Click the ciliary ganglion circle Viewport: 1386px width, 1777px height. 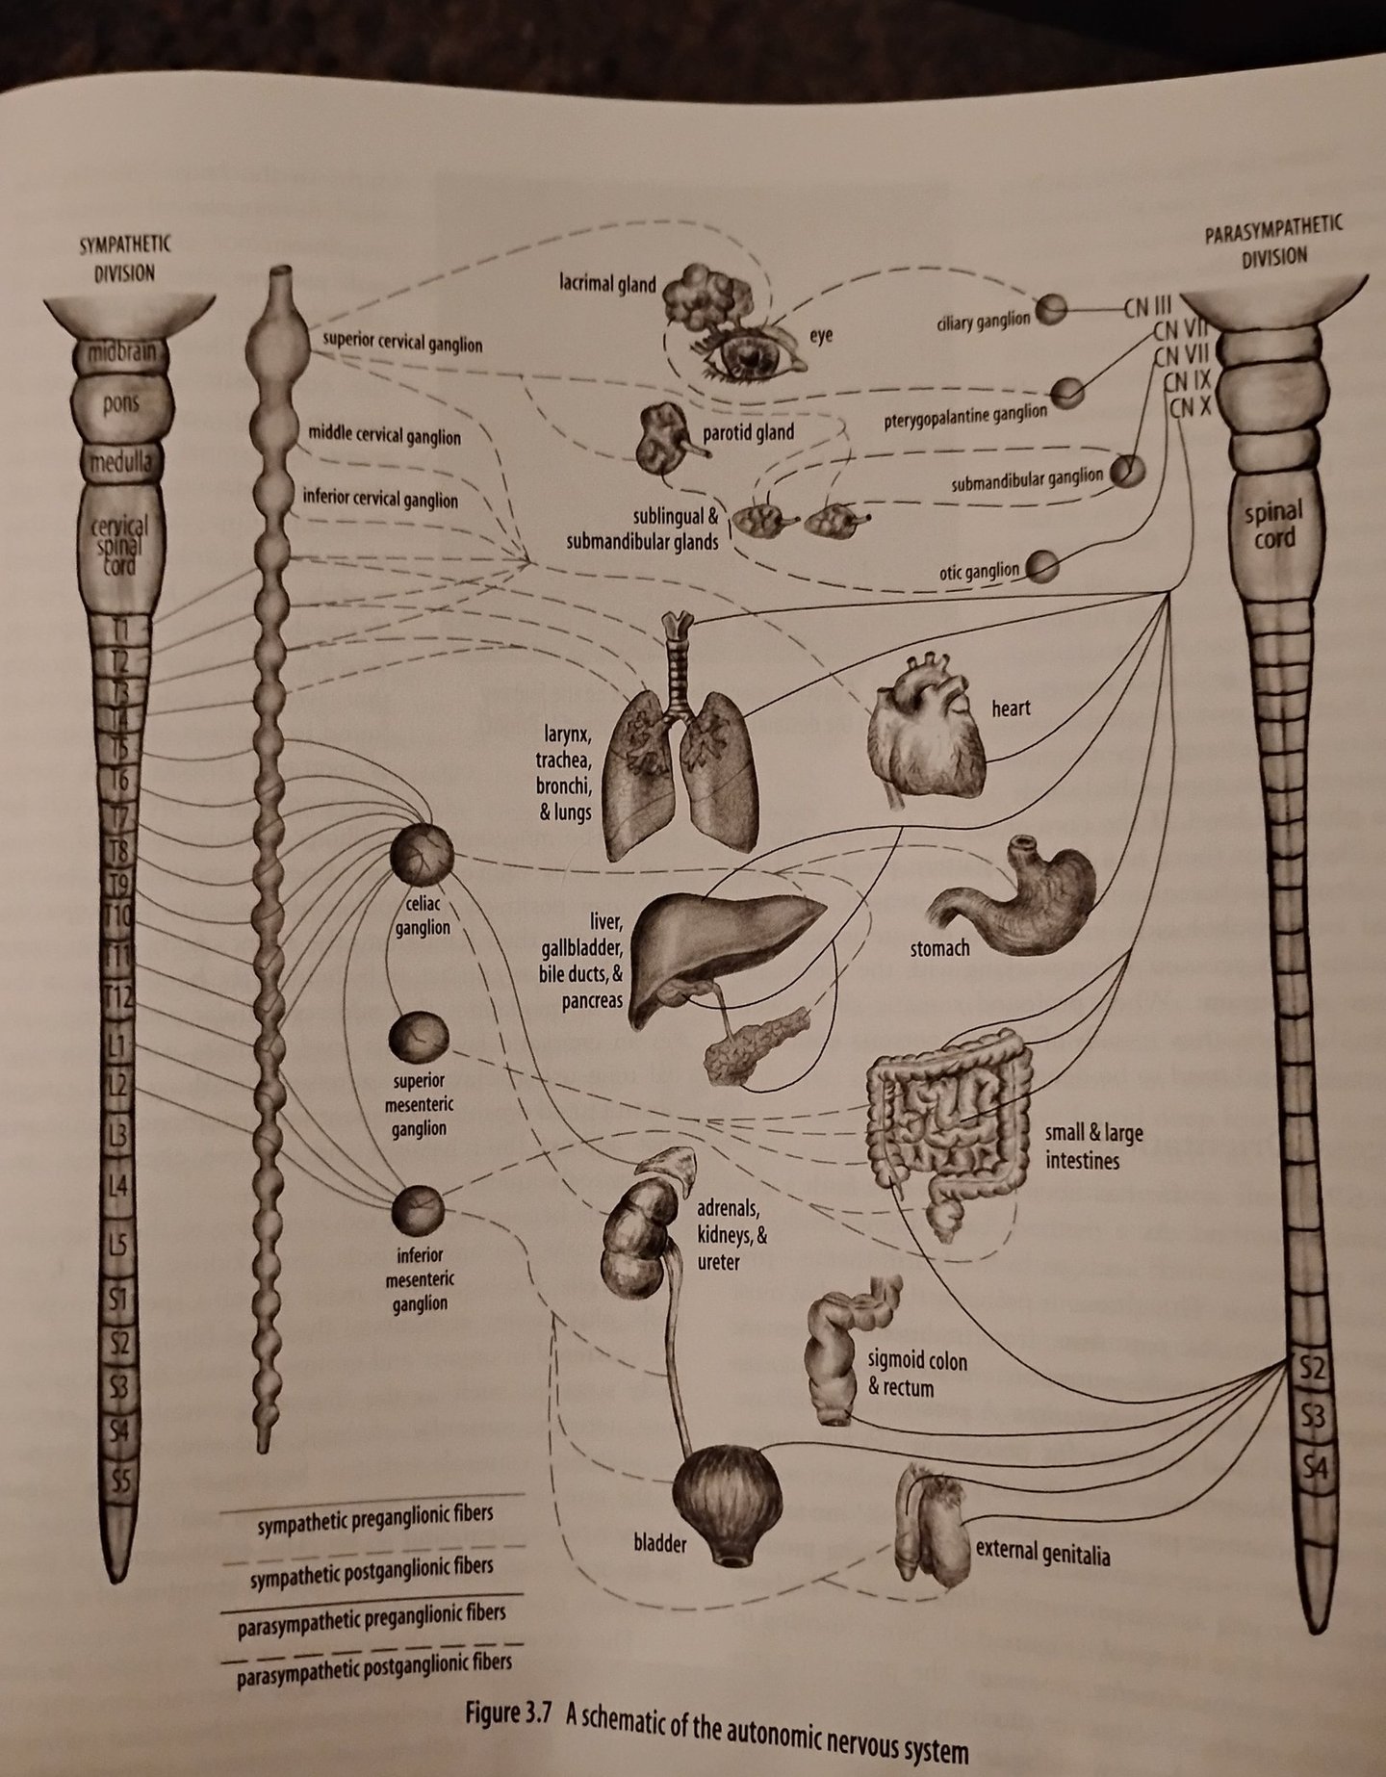click(1054, 308)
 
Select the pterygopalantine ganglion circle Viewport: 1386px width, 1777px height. click(1066, 392)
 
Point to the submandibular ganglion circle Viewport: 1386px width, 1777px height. click(1127, 472)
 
